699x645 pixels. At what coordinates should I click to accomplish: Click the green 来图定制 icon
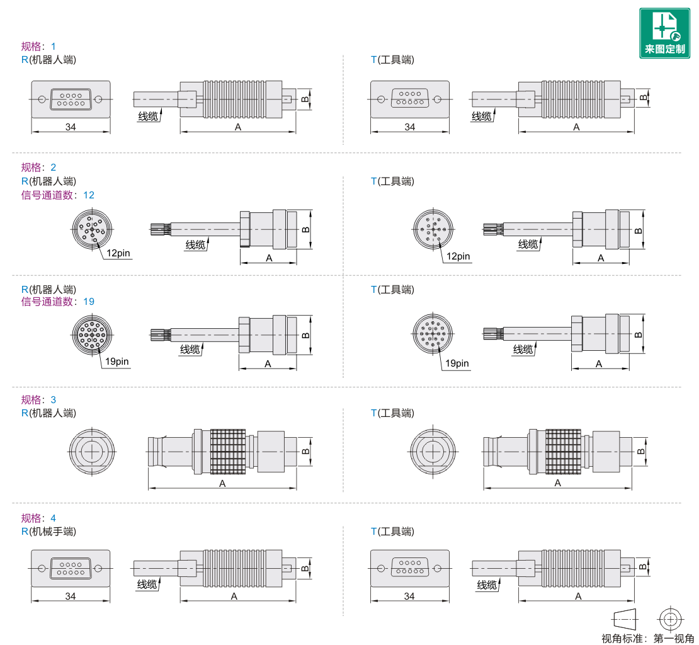pos(664,33)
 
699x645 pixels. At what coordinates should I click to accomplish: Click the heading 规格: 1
pos(38,47)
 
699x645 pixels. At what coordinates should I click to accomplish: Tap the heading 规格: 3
pos(38,399)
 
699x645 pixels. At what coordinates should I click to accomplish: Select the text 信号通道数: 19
pos(57,302)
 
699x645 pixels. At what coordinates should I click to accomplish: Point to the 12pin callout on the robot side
pos(118,253)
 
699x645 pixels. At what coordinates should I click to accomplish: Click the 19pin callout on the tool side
pos(457,363)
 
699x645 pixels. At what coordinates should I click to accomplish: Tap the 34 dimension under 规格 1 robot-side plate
pos(71,127)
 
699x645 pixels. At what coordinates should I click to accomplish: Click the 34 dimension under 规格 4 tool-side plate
pos(409,596)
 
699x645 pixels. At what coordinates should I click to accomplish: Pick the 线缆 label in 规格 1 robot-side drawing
pos(148,117)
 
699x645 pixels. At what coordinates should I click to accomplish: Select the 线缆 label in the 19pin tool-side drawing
pos(523,350)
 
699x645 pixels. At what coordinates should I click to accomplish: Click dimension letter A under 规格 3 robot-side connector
pos(222,484)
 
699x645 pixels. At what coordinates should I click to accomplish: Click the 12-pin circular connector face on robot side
pos(93,229)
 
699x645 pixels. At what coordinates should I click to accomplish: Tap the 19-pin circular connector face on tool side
pos(433,333)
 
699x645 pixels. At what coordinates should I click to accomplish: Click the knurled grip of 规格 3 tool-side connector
pos(563,452)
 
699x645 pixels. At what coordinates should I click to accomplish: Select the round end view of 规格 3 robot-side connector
pos(92,452)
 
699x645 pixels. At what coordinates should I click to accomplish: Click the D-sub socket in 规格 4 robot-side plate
pos(71,568)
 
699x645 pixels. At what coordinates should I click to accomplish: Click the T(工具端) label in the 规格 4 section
pos(392,532)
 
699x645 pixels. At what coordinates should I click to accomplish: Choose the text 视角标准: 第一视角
pos(647,638)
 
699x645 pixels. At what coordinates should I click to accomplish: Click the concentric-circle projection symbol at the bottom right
pos(670,619)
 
